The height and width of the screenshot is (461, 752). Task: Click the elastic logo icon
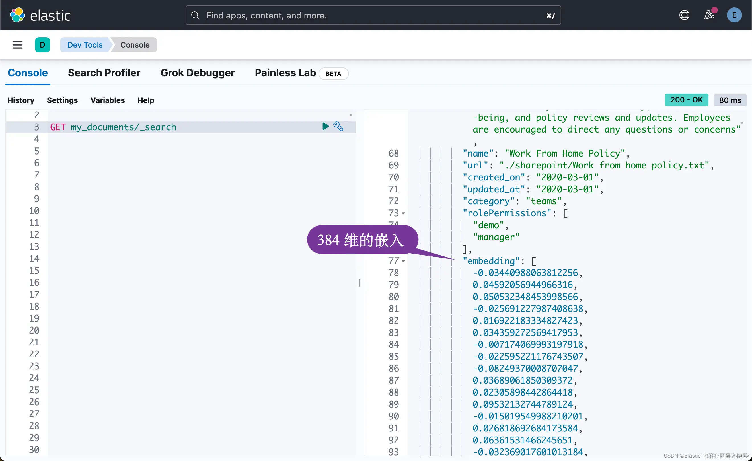(17, 15)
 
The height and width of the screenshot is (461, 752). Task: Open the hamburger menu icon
(17, 45)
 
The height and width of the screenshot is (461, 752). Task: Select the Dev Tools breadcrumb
(85, 45)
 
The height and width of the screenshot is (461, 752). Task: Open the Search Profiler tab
(104, 73)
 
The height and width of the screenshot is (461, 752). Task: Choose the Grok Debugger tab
(198, 73)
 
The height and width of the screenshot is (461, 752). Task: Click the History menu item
(21, 100)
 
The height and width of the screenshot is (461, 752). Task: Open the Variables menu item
(107, 100)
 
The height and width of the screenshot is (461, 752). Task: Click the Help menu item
(145, 100)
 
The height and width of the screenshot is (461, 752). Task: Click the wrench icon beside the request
(338, 126)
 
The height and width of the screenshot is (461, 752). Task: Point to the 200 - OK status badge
(686, 100)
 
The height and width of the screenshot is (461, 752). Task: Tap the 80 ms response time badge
(730, 100)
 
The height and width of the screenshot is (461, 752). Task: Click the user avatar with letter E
(734, 15)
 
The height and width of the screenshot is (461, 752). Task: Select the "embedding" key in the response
(491, 261)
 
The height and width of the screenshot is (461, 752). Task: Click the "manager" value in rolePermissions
(496, 237)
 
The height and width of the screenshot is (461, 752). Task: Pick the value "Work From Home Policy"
(565, 153)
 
